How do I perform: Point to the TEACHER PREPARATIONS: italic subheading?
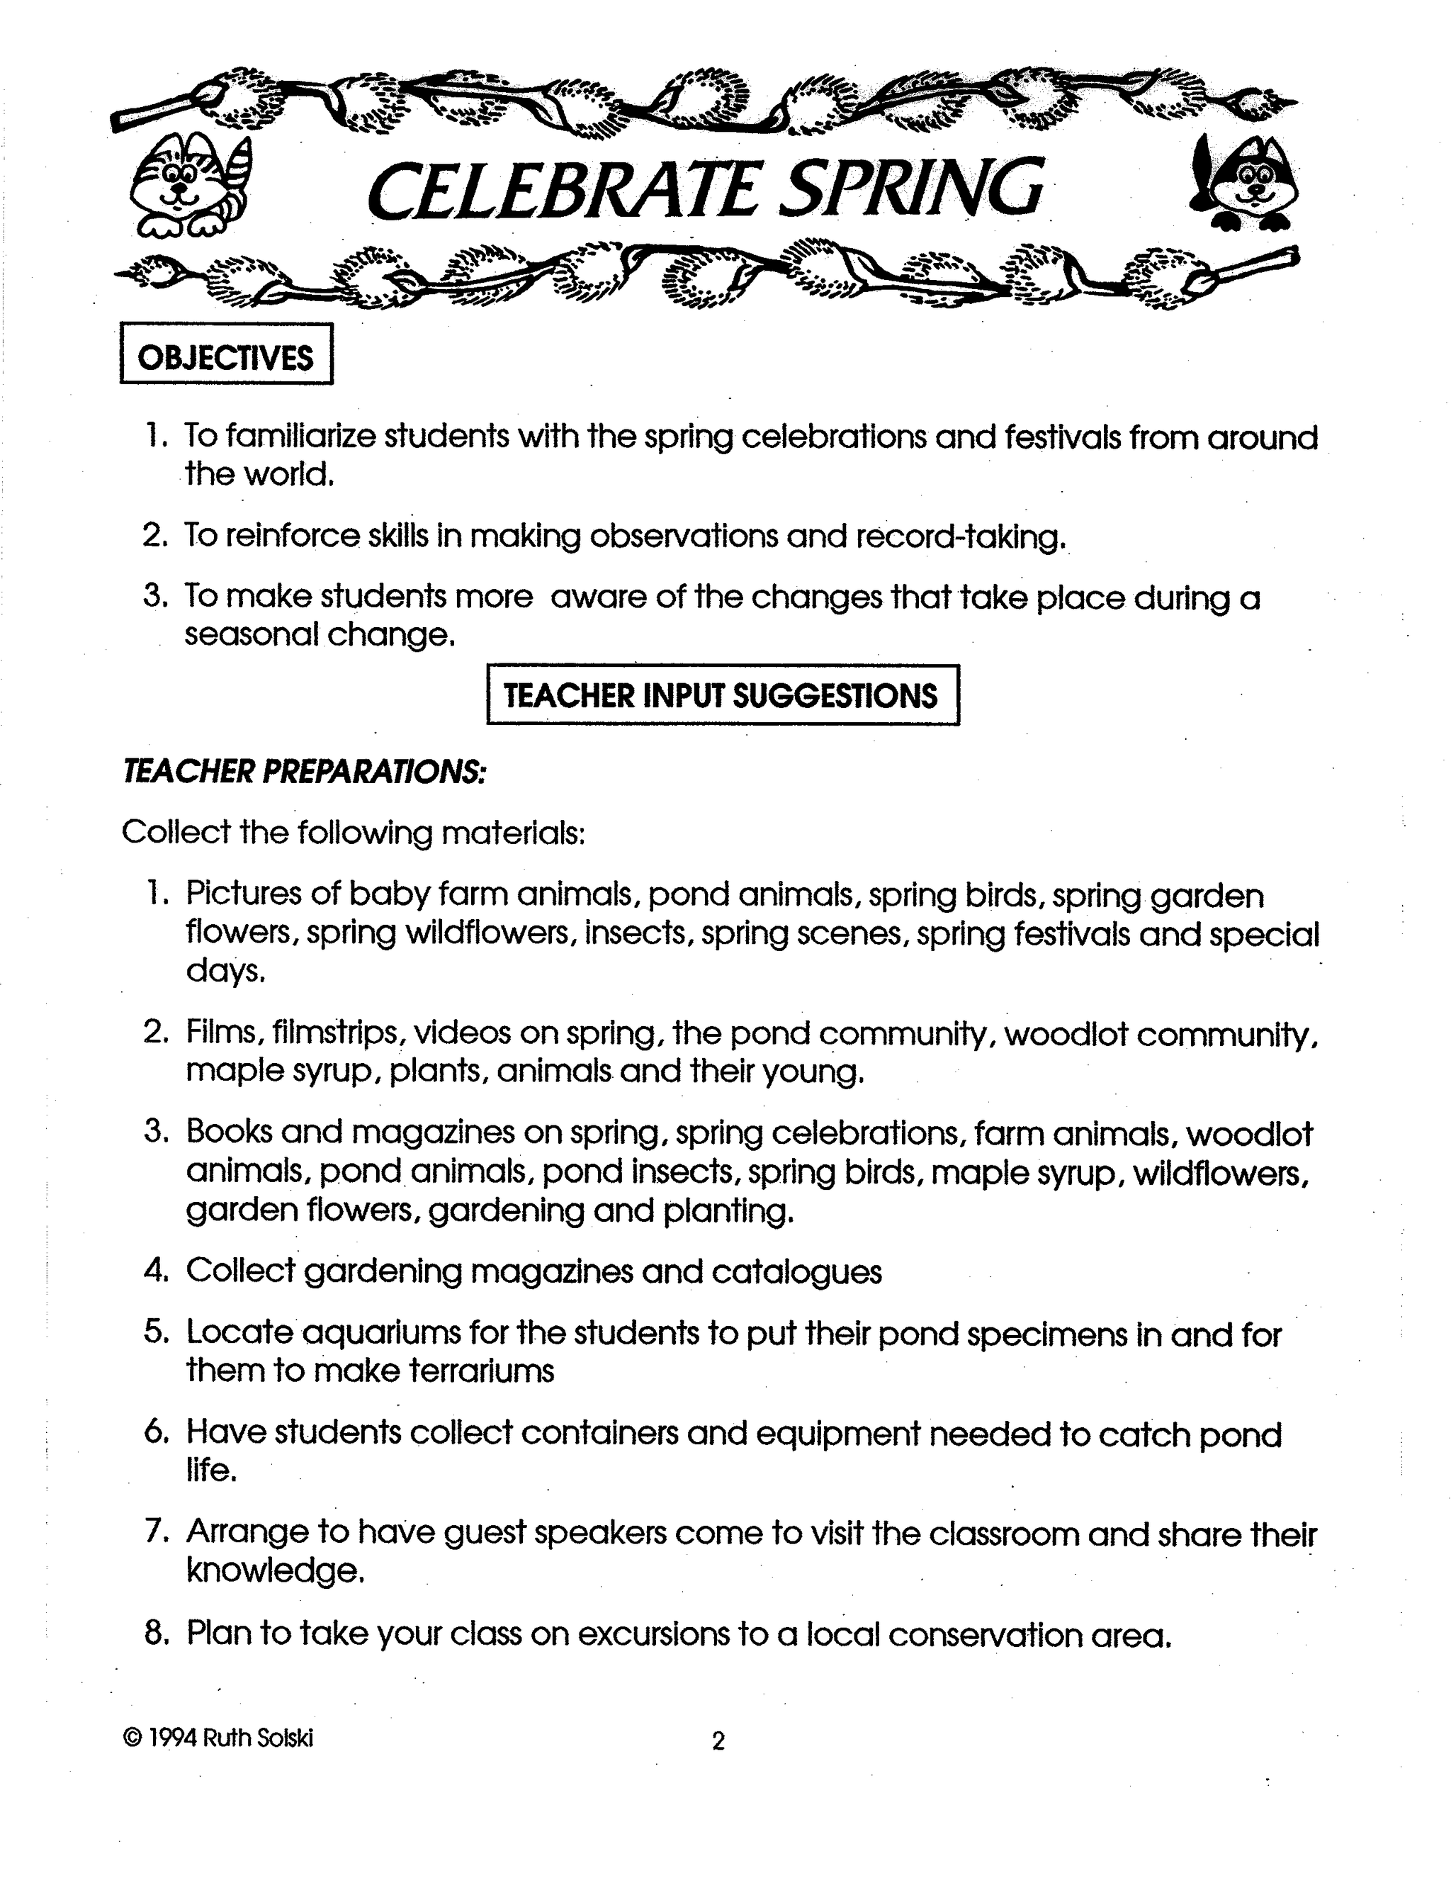click(x=303, y=771)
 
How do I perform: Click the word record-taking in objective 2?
click(x=960, y=536)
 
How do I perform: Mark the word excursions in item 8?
click(x=653, y=1633)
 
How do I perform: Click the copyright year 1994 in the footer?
click(x=173, y=1738)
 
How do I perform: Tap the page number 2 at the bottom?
click(x=718, y=1741)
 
